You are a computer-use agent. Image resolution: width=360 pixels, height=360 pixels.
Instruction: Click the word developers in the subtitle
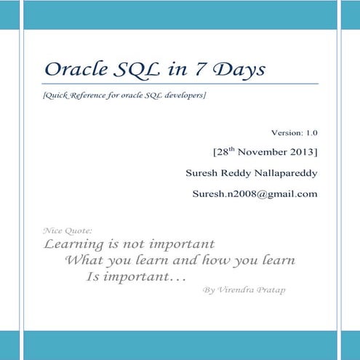183,97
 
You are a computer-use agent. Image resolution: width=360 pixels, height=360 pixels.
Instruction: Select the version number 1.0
311,134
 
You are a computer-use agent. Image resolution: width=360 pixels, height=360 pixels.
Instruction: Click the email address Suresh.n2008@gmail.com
255,194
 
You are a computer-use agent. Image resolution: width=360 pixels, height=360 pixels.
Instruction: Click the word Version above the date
285,134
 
